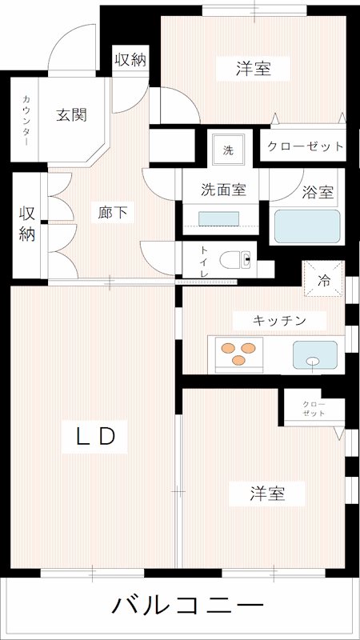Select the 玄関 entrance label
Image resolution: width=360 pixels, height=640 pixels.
[x=71, y=114]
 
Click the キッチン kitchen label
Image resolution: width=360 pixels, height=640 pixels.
[x=279, y=320]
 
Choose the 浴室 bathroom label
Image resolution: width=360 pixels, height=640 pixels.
[x=318, y=192]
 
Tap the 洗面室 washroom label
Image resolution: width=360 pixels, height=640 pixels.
[x=222, y=190]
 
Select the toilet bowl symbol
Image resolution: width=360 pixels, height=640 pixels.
[x=238, y=260]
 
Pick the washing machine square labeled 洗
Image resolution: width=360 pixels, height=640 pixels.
[x=229, y=150]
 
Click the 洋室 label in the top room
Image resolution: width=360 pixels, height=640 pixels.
[x=253, y=70]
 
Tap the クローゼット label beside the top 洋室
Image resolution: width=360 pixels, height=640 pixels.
[x=305, y=147]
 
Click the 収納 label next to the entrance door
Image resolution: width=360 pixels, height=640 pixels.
[x=130, y=59]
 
